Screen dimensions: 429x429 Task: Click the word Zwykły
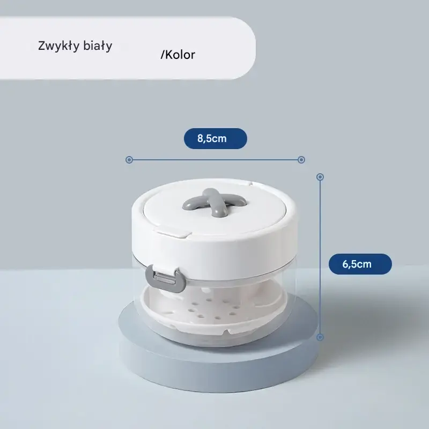[58, 46]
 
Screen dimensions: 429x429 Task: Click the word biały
[98, 46]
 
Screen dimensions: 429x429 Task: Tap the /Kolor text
[178, 55]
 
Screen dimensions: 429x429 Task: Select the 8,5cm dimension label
[216, 138]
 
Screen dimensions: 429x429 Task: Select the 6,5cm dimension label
[360, 264]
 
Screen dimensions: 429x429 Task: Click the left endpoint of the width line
[129, 160]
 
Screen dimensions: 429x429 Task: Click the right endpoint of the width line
[301, 160]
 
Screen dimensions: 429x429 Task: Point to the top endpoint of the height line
[320, 177]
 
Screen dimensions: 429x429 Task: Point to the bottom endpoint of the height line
[320, 337]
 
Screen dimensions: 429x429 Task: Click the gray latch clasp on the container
[166, 278]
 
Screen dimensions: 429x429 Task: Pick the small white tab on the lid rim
[172, 233]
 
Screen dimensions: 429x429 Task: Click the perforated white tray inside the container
[213, 312]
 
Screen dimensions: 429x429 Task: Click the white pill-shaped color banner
[128, 48]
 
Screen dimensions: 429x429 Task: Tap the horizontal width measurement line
[215, 160]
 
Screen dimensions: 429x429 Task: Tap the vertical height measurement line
[320, 257]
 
